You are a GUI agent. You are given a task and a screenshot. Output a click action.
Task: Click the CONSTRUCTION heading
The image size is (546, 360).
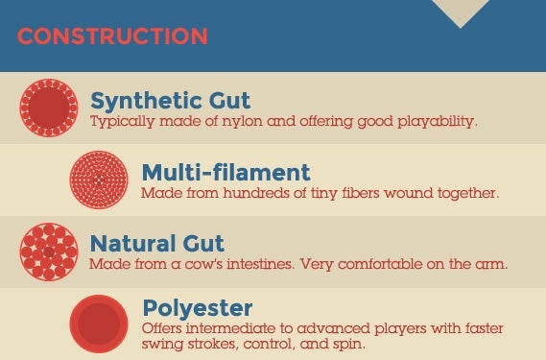[112, 36]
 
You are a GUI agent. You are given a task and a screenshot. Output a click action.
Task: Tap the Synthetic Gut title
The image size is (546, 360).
[170, 102]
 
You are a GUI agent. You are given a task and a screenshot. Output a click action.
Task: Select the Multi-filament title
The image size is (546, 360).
[226, 172]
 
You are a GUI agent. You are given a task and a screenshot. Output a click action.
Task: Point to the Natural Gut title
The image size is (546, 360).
[157, 243]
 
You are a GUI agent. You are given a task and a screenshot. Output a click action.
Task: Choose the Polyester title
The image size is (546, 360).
[198, 309]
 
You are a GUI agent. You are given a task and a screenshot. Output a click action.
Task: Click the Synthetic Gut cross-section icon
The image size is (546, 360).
[49, 108]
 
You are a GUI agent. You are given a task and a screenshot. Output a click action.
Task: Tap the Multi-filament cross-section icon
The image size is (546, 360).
[99, 180]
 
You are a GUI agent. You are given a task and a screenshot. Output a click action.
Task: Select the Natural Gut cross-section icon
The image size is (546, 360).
[49, 252]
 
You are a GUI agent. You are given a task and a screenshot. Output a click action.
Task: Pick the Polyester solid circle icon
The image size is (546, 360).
[99, 324]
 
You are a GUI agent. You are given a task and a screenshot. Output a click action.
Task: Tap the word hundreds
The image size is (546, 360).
[256, 193]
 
